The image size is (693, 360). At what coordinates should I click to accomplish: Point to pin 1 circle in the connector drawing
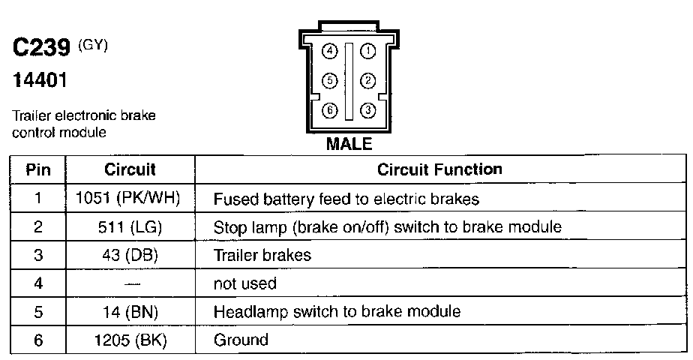(367, 51)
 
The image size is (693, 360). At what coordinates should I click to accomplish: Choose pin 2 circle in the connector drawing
(367, 80)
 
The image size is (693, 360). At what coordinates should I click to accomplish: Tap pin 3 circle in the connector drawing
(367, 110)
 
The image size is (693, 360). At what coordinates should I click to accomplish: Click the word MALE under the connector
(349, 143)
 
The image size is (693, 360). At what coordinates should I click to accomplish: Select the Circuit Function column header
(439, 169)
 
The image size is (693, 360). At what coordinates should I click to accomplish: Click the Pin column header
(38, 169)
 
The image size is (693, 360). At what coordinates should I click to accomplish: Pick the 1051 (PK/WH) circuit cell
(129, 199)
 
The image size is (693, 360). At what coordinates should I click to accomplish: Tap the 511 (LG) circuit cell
(129, 227)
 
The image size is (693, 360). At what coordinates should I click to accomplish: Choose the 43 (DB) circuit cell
(129, 255)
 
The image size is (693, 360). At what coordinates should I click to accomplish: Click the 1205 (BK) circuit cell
(129, 340)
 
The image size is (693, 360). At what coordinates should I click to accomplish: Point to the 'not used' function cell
(245, 283)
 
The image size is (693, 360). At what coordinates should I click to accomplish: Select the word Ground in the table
(241, 340)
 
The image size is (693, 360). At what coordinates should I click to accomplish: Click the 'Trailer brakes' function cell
(262, 255)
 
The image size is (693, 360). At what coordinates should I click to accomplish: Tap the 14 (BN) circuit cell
(129, 312)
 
